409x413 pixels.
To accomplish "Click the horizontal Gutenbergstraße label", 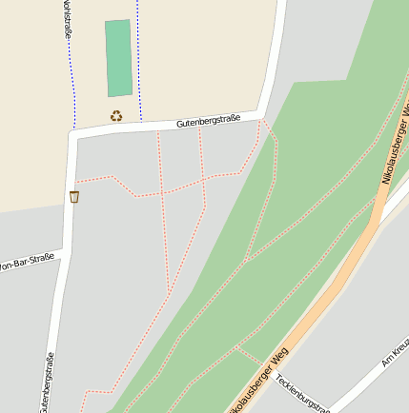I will [208, 121].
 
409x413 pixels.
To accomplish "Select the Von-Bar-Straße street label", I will [26, 262].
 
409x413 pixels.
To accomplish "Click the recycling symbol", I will [116, 116].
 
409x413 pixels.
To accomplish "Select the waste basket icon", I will [74, 197].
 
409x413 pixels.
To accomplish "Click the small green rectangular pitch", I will [119, 58].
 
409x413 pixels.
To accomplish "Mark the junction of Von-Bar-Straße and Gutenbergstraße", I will [63, 253].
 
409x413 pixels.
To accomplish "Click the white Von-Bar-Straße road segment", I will [38, 256].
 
